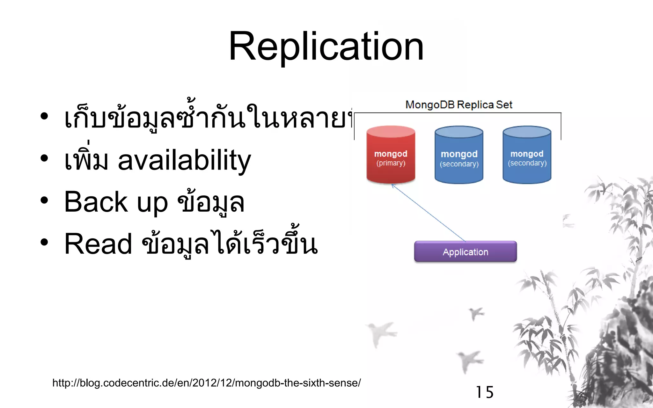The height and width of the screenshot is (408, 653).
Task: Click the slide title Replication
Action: pyautogui.click(x=326, y=47)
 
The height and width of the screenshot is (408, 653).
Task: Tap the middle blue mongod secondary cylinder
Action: pyautogui.click(x=459, y=155)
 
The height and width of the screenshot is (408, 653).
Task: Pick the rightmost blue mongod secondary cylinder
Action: pyautogui.click(x=527, y=155)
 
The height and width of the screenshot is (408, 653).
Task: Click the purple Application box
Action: pyautogui.click(x=465, y=252)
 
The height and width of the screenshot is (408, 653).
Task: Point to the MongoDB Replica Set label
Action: pyautogui.click(x=459, y=105)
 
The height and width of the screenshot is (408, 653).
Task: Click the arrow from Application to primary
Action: pyautogui.click(x=428, y=213)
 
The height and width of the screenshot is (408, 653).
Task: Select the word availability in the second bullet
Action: pyautogui.click(x=184, y=160)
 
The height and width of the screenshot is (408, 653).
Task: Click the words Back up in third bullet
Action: pyautogui.click(x=116, y=202)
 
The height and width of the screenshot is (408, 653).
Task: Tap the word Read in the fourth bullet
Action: pyautogui.click(x=98, y=244)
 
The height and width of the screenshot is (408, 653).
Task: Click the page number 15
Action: pyautogui.click(x=484, y=392)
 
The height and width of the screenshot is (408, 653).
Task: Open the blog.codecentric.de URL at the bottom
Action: pyautogui.click(x=206, y=383)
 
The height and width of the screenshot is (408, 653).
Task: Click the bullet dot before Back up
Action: pyautogui.click(x=44, y=200)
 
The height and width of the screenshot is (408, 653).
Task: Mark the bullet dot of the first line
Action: pyautogui.click(x=44, y=117)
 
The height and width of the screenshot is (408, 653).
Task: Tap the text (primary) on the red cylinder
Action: pyautogui.click(x=391, y=163)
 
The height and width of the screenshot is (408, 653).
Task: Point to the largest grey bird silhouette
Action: pyautogui.click(x=380, y=333)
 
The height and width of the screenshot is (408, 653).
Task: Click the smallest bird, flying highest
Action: pyautogui.click(x=476, y=313)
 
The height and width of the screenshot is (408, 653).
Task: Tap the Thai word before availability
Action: pyautogui.click(x=86, y=159)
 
